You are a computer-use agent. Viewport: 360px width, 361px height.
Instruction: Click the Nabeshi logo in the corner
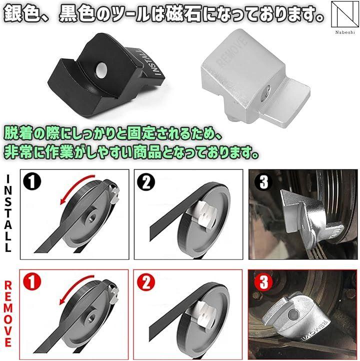pyautogui.click(x=345, y=18)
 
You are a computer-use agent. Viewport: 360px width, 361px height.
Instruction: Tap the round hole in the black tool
pyautogui.click(x=101, y=70)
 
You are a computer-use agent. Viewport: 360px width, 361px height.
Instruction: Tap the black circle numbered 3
pyautogui.click(x=263, y=181)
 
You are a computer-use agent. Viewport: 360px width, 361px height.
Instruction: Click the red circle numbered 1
pyautogui.click(x=32, y=281)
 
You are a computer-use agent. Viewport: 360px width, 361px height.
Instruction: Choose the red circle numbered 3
pyautogui.click(x=263, y=282)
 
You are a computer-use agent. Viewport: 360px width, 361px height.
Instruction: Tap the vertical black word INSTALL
pyautogui.click(x=8, y=213)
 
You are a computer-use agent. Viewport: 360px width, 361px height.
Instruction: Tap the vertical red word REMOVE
pyautogui.click(x=8, y=313)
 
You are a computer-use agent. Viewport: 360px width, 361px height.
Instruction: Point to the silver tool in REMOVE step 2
pyautogui.click(x=202, y=316)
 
